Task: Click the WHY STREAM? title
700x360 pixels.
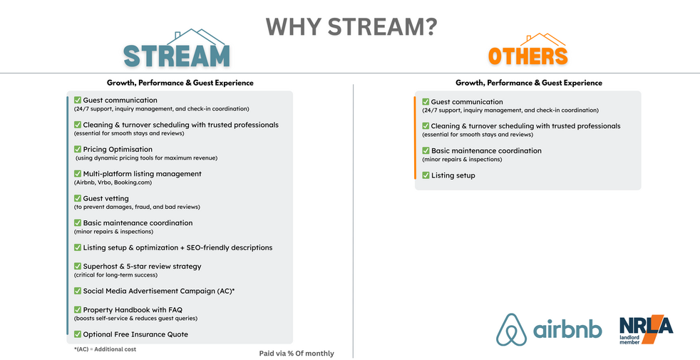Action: click(x=351, y=27)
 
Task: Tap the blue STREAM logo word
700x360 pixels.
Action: click(x=177, y=56)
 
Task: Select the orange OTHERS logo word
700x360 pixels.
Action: click(x=528, y=56)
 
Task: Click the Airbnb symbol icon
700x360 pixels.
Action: click(x=512, y=329)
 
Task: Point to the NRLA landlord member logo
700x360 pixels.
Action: click(x=646, y=329)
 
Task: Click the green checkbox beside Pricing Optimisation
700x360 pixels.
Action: click(x=78, y=149)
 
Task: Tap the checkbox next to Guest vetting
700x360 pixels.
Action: click(x=78, y=198)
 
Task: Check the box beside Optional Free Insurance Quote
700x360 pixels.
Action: click(x=78, y=334)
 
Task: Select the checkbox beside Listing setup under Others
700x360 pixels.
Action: click(x=426, y=175)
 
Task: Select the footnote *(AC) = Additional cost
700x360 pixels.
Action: click(x=105, y=349)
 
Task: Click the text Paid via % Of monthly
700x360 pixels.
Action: click(x=297, y=354)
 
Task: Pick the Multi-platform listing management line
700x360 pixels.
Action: click(x=143, y=174)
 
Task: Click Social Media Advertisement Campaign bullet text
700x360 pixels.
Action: click(x=159, y=292)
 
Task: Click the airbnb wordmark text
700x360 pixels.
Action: click(x=567, y=329)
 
